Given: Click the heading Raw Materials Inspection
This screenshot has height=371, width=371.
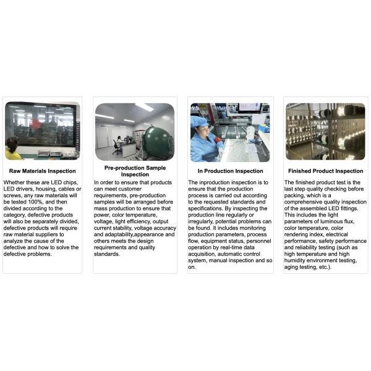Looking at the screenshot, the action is point(42,171).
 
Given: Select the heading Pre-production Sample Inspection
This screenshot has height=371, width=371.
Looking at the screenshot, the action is point(135,171).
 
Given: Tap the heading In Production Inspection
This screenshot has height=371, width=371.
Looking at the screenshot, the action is point(230,171).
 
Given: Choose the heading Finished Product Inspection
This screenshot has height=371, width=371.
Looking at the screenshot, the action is point(326,171).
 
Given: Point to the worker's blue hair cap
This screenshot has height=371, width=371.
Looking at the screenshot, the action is point(199,122).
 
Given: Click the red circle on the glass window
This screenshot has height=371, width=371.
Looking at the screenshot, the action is point(35,124).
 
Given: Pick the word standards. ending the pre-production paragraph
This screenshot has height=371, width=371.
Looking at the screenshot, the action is point(107,254).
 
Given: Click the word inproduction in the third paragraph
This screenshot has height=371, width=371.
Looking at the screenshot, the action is point(215,182).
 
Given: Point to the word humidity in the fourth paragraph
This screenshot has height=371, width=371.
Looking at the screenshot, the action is point(295,260).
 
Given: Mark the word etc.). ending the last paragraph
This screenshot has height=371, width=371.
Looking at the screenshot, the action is point(325,267).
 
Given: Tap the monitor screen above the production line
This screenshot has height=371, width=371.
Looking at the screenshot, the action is point(249,108).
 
